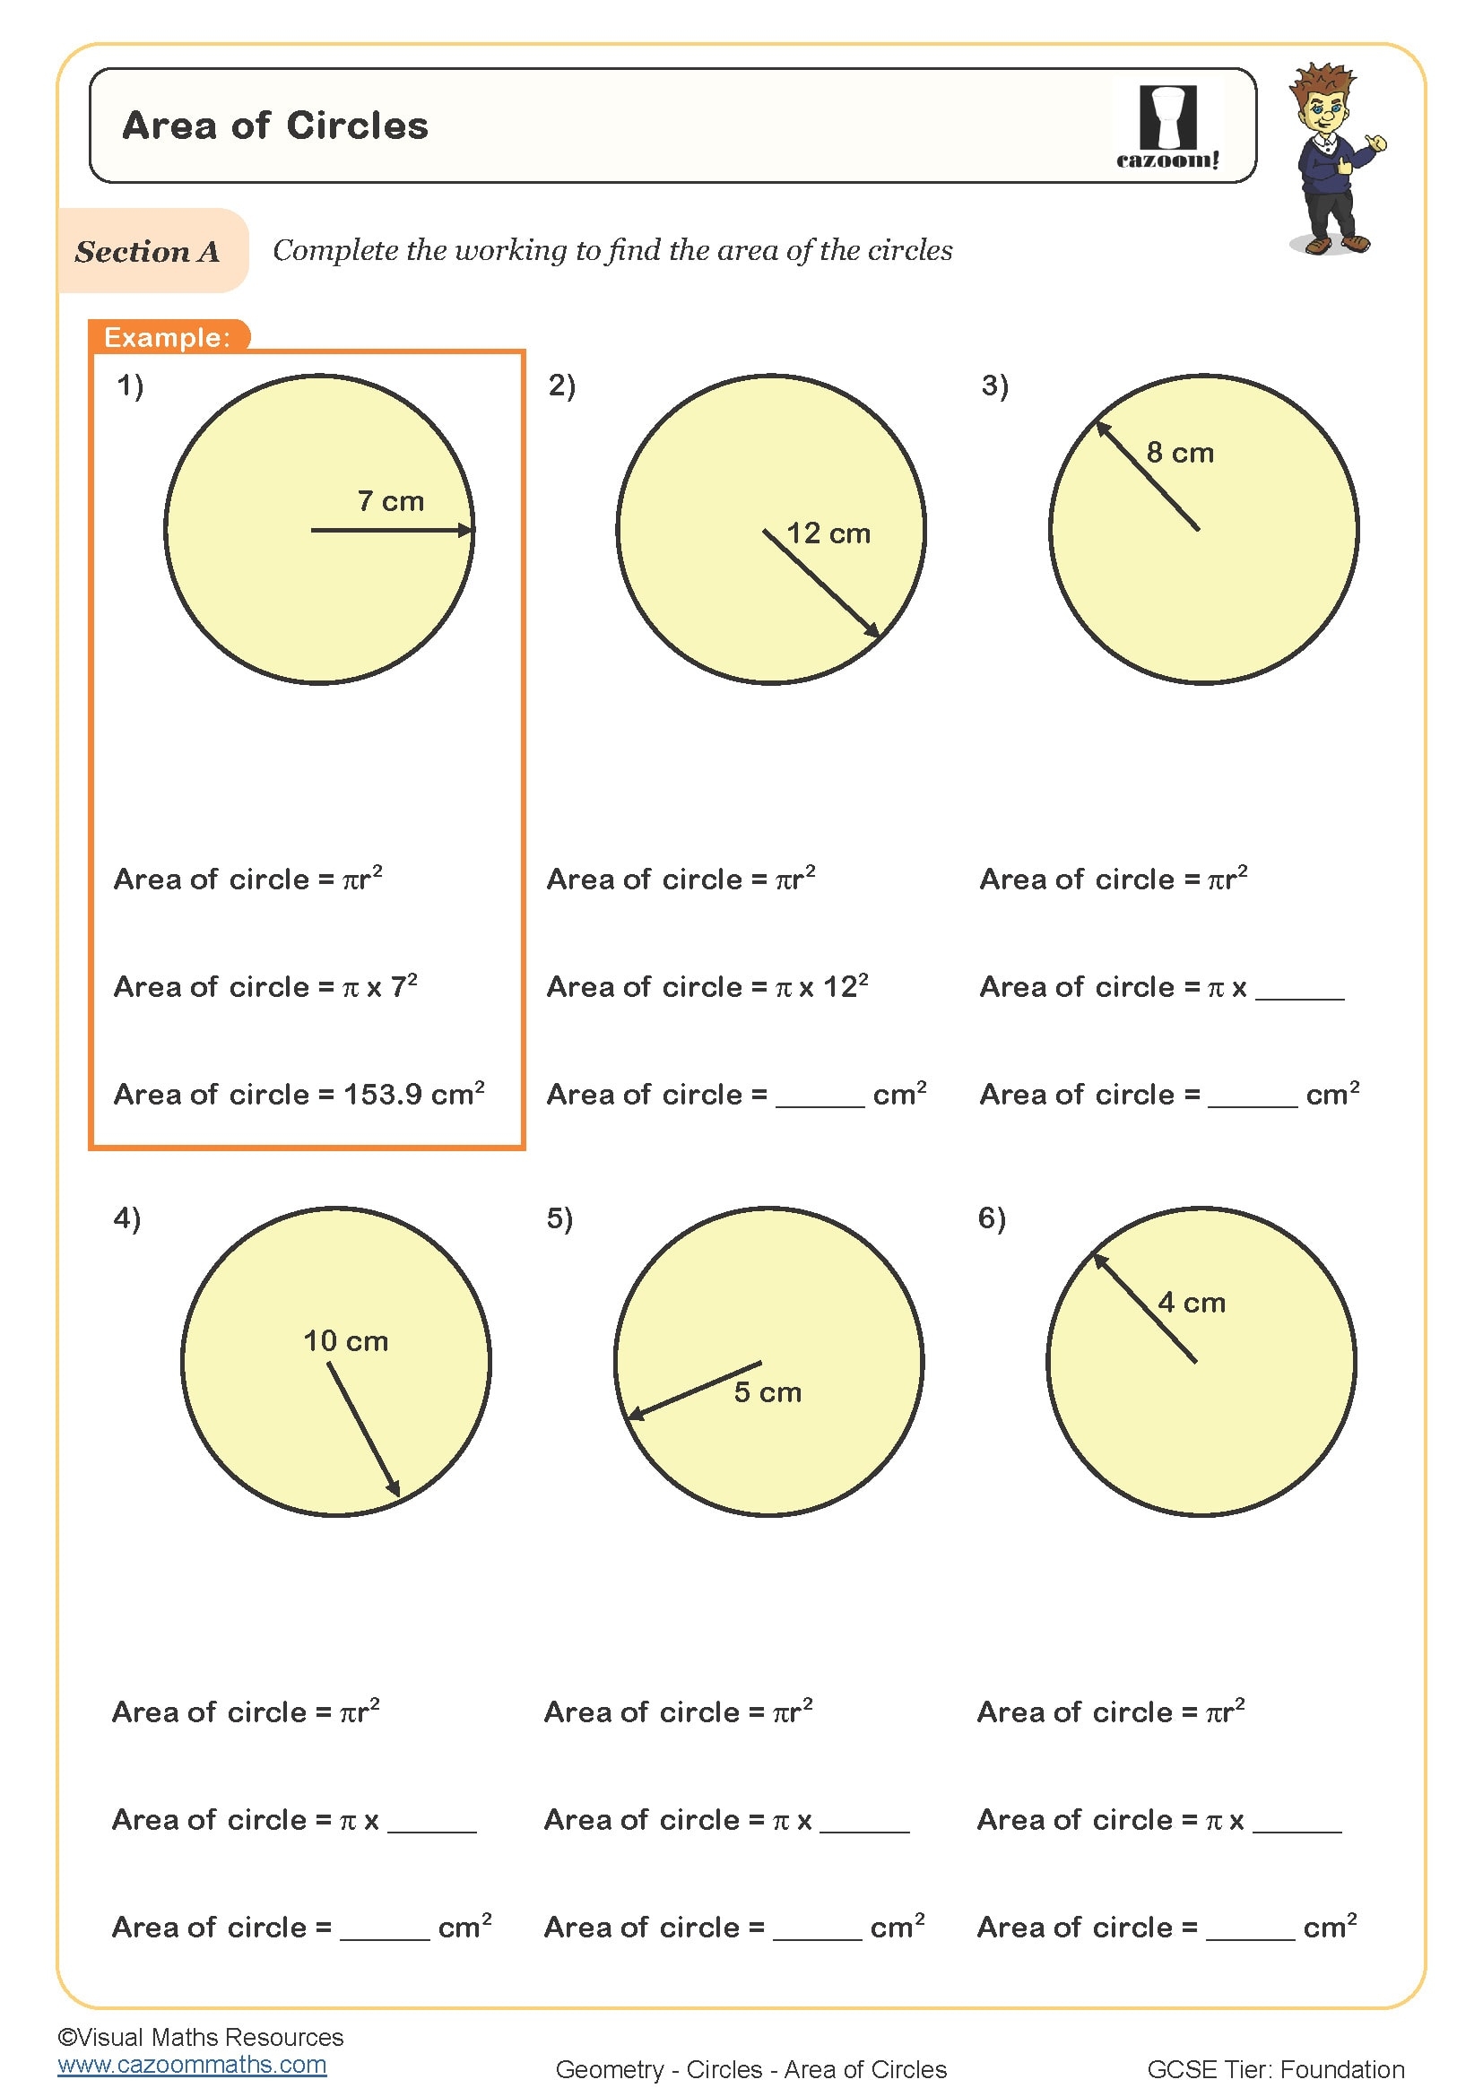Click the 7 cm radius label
point(391,501)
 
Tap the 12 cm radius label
point(828,533)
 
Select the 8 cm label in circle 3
point(1180,453)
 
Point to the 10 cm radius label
point(345,1342)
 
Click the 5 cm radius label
point(768,1393)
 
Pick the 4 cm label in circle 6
point(1191,1304)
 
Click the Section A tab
point(148,251)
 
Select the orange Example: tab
point(167,337)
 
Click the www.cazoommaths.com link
point(192,2065)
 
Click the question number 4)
point(127,1218)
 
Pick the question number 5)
point(559,1218)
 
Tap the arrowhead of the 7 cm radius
point(466,530)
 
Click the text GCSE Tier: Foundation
point(1275,2069)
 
